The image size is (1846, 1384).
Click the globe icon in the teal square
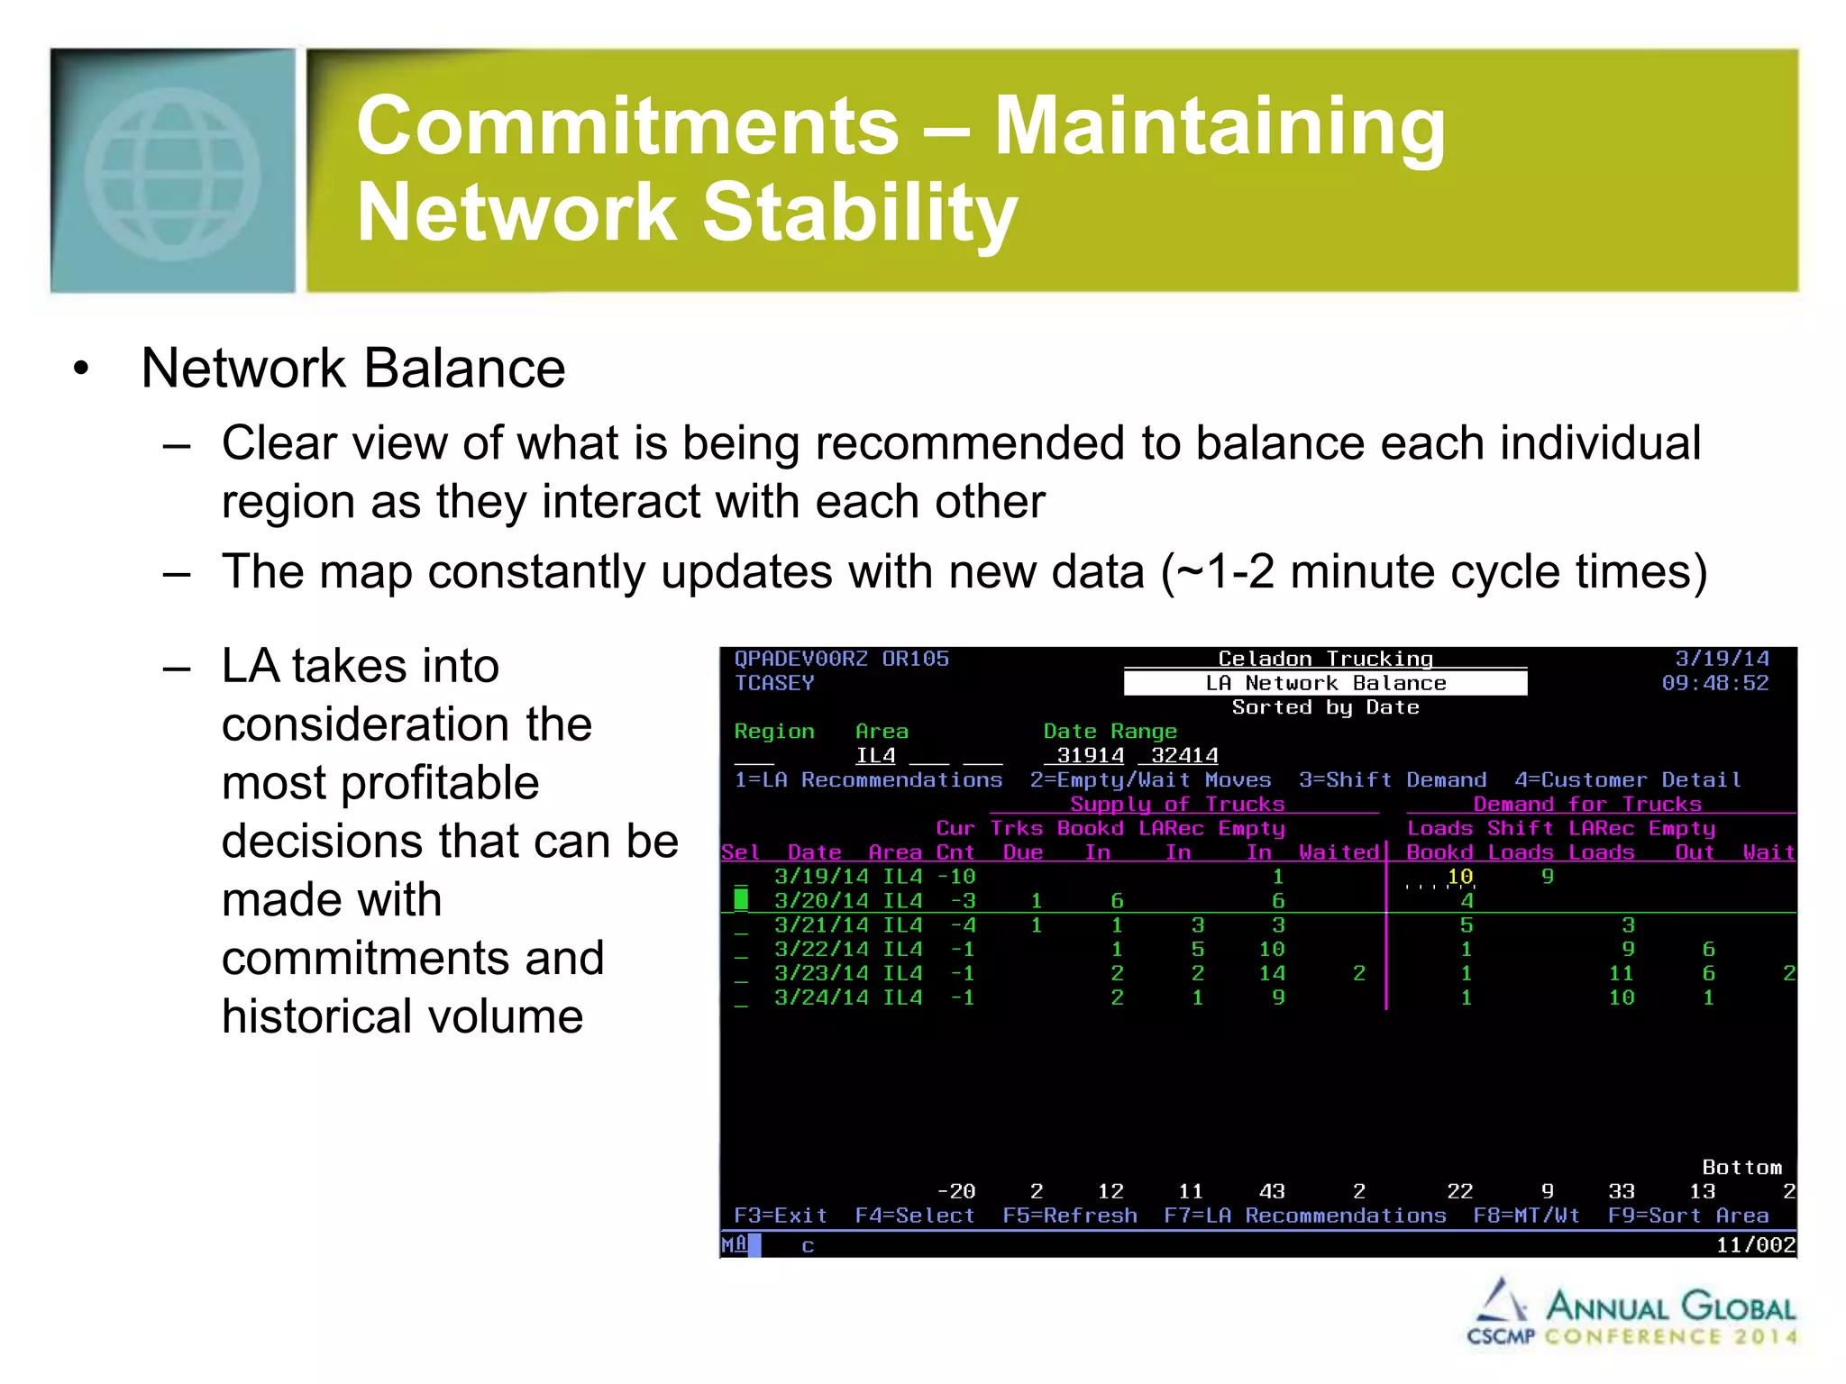[172, 173]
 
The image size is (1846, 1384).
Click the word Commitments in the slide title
[627, 126]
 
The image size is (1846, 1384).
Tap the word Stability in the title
[859, 213]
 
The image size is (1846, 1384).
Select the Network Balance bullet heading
[352, 369]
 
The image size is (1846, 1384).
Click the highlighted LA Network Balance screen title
[1325, 683]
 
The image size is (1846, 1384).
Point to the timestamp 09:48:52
[1714, 683]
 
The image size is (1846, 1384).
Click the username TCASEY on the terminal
[773, 683]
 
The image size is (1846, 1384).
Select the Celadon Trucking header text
[1325, 659]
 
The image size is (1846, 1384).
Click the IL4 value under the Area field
[874, 755]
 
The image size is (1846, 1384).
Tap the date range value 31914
[1090, 755]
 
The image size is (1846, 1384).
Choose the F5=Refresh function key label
[1069, 1216]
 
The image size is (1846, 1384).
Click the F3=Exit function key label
[781, 1216]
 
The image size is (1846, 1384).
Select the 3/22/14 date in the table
[821, 949]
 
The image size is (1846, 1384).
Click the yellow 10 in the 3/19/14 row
[1459, 876]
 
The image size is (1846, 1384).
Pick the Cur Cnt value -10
[955, 876]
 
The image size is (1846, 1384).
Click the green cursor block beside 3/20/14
[741, 899]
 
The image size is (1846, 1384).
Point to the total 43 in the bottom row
[1271, 1191]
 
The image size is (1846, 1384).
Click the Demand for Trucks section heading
[1586, 804]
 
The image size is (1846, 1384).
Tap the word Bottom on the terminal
[1741, 1168]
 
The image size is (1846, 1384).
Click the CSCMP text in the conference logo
[1500, 1336]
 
